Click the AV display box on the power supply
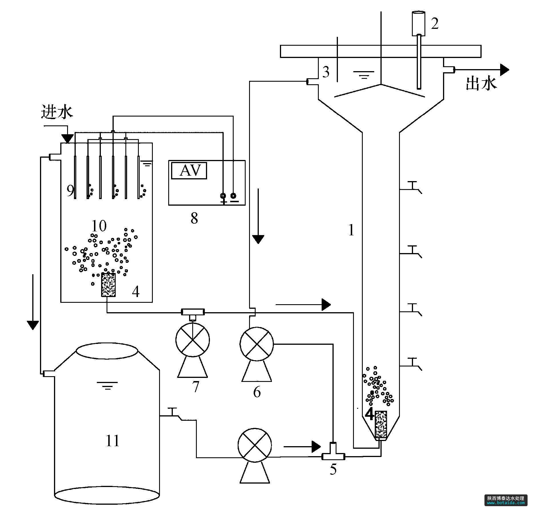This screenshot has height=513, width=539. coord(189,171)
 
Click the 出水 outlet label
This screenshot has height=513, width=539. coord(482,84)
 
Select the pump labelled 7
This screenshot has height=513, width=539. coord(193,340)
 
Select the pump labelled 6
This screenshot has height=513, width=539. coord(257,344)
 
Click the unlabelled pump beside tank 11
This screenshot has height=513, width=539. coord(255,445)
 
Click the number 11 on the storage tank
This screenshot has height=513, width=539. coord(112,440)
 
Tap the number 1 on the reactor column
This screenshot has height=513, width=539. coord(351,230)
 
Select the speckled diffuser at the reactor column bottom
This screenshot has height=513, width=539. coord(381,425)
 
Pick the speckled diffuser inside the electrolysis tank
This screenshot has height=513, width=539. coord(109,285)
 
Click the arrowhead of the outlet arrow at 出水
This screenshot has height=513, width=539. coord(504,69)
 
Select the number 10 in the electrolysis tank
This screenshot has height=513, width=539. coord(99,226)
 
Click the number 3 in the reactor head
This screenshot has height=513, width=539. coord(326,72)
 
